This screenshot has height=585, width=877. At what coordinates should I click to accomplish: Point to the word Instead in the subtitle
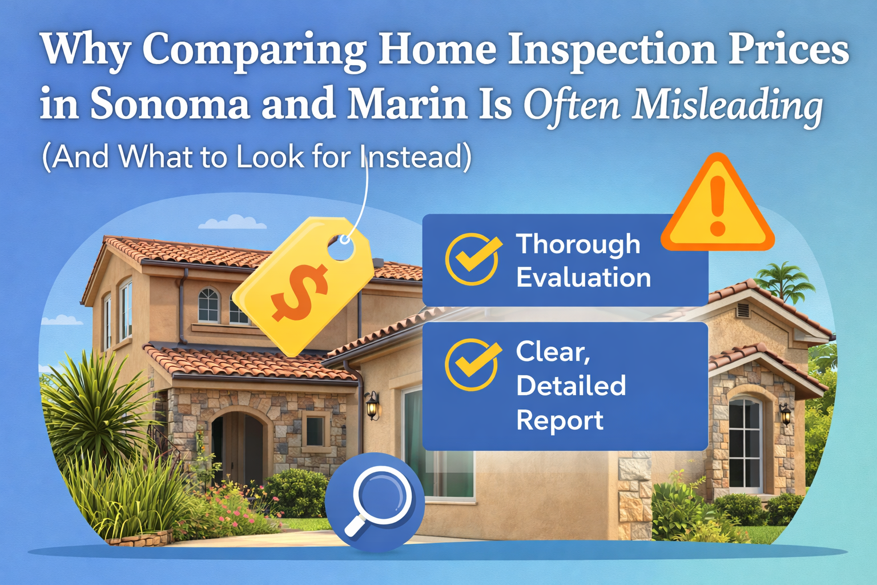pyautogui.click(x=413, y=157)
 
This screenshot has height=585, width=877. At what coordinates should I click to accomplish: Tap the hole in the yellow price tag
pyautogui.click(x=341, y=247)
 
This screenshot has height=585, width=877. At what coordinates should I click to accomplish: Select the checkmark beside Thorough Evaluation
pyautogui.click(x=472, y=259)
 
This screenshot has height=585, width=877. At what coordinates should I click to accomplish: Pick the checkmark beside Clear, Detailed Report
pyautogui.click(x=472, y=364)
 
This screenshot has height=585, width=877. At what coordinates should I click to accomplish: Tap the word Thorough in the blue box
pyautogui.click(x=578, y=245)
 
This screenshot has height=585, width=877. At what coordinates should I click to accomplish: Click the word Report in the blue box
pyautogui.click(x=560, y=420)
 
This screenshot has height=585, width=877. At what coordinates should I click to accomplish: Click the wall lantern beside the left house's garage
pyautogui.click(x=372, y=404)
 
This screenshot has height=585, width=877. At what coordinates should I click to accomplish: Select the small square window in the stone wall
pyautogui.click(x=315, y=431)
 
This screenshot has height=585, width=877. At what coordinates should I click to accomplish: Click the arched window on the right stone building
pyautogui.click(x=745, y=443)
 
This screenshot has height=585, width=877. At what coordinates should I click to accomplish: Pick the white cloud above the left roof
pyautogui.click(x=232, y=222)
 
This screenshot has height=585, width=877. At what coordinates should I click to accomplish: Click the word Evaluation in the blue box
pyautogui.click(x=584, y=278)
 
